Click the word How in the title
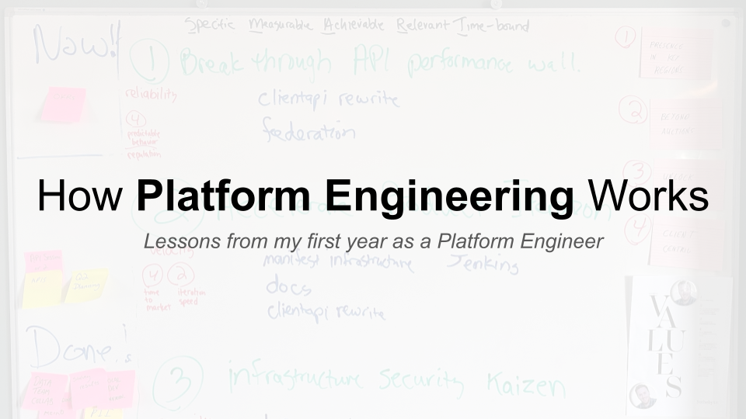click(82, 196)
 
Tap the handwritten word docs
click(288, 287)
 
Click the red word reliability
click(151, 95)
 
